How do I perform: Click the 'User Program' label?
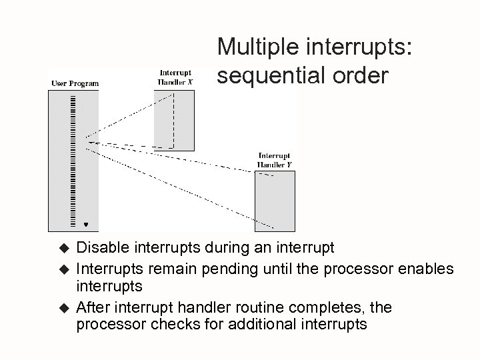[x=75, y=83]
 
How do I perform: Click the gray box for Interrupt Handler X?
[x=175, y=120]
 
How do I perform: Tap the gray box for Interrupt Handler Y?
[x=275, y=201]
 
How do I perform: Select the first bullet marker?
[x=64, y=249]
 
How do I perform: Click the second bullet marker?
[x=64, y=269]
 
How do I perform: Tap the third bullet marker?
[x=64, y=308]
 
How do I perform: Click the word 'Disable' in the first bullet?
[x=99, y=248]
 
